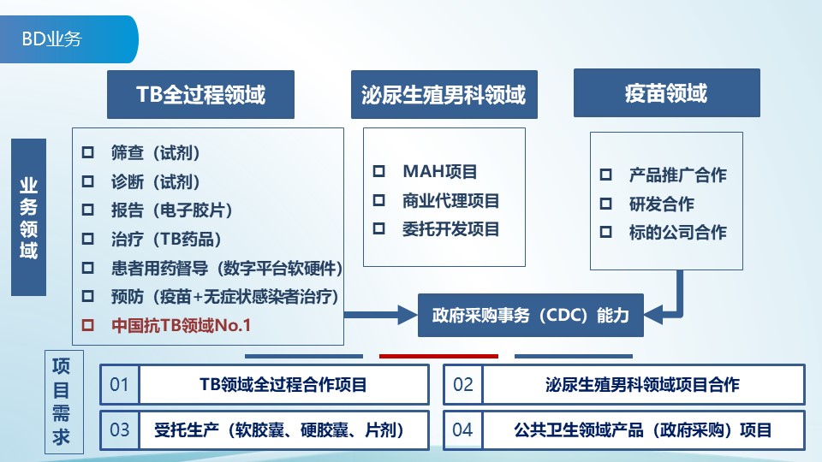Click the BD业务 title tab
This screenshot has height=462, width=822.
pyautogui.click(x=53, y=39)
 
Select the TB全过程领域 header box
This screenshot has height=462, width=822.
pyautogui.click(x=200, y=94)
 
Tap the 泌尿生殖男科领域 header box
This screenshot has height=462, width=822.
pyautogui.click(x=444, y=94)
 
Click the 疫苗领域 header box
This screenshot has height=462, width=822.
pyautogui.click(x=666, y=93)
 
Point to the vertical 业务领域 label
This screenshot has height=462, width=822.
pyautogui.click(x=28, y=217)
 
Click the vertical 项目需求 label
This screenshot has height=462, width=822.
pyautogui.click(x=62, y=401)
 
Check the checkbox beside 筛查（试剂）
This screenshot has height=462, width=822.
pyautogui.click(x=87, y=153)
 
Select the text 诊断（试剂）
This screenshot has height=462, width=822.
pyautogui.click(x=155, y=181)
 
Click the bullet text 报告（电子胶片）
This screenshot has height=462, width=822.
pyautogui.click(x=171, y=210)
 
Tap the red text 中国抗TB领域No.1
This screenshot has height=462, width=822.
pyautogui.click(x=181, y=325)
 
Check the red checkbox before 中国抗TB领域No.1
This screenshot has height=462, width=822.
pyautogui.click(x=87, y=325)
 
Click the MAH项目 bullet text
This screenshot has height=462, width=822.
pyautogui.click(x=439, y=172)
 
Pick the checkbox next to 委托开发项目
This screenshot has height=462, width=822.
pyautogui.click(x=378, y=229)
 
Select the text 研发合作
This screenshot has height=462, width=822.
pyautogui.click(x=661, y=204)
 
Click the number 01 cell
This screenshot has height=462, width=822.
pyautogui.click(x=120, y=385)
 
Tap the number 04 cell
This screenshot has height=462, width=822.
pyautogui.click(x=462, y=429)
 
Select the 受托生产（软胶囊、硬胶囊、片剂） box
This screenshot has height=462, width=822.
pyautogui.click(x=283, y=429)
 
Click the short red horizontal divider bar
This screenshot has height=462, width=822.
pyautogui.click(x=438, y=355)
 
